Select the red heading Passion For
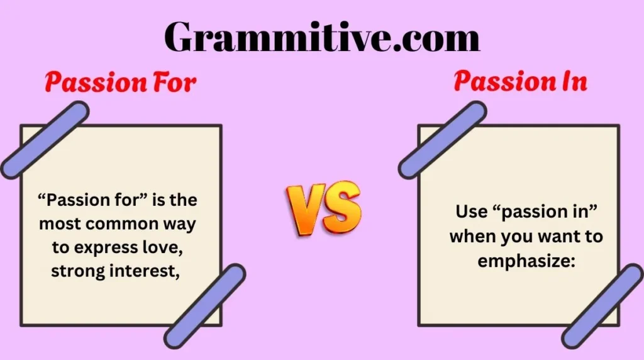[120, 82]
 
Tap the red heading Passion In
[520, 81]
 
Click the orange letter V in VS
[305, 210]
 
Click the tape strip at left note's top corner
[45, 140]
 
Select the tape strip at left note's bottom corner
[205, 307]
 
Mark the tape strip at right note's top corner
[442, 140]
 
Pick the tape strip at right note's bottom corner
[602, 307]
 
